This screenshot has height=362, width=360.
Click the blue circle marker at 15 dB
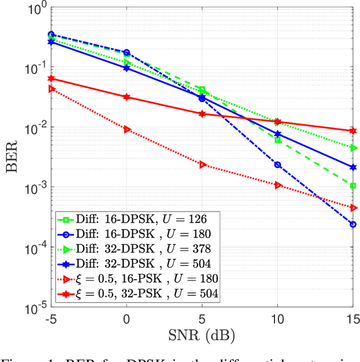point(353,224)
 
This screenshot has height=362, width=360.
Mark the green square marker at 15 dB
point(353,185)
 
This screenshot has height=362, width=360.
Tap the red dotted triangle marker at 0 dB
point(127,129)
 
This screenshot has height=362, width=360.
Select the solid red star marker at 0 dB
point(127,97)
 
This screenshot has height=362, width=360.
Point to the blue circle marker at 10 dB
point(277,165)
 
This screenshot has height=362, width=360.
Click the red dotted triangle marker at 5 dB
point(202,165)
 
